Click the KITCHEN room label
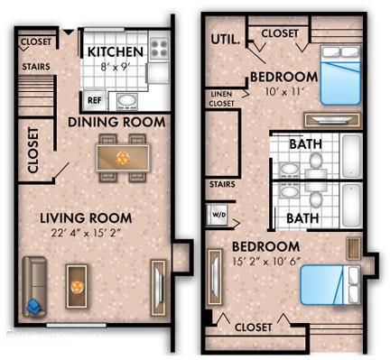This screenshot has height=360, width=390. [116, 51]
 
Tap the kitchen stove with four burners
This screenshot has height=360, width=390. [159, 49]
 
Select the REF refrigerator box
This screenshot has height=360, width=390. [95, 100]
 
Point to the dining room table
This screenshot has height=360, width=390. [123, 158]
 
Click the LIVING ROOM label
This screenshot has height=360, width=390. [86, 218]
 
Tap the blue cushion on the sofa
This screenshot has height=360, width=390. [33, 308]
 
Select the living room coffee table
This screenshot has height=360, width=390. [77, 286]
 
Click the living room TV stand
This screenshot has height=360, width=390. [158, 288]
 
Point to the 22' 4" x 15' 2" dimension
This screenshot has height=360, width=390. [86, 233]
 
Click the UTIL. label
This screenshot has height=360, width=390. [226, 40]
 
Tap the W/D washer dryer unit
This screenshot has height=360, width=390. [218, 215]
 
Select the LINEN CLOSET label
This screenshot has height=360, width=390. [221, 98]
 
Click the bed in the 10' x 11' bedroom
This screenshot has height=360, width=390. [340, 75]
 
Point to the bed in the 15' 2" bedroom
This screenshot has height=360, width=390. [330, 285]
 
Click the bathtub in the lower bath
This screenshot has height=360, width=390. [352, 205]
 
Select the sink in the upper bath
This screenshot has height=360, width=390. [289, 170]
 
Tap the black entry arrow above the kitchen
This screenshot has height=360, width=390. [69, 32]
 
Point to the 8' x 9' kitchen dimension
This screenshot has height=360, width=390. [115, 67]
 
